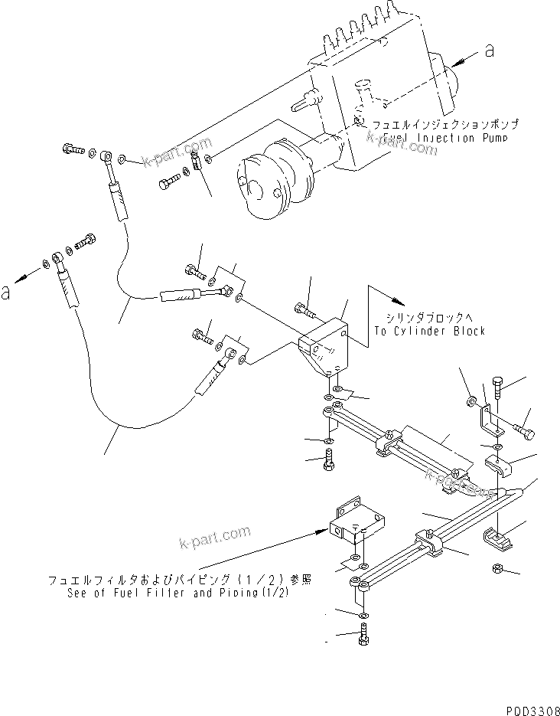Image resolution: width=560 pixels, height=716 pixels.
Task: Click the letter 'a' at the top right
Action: click(489, 51)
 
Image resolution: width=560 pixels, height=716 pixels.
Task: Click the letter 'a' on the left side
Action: click(7, 292)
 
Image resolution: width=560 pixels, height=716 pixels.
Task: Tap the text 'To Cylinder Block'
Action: click(430, 331)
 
